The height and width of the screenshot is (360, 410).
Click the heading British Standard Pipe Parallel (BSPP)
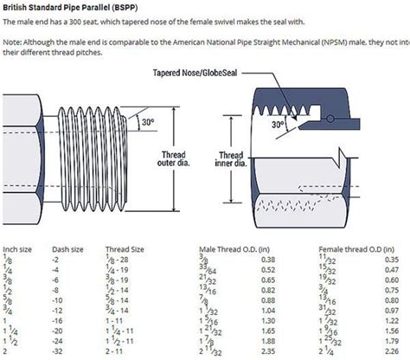(x=63, y=5)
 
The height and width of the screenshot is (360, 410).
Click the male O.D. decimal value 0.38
(x=266, y=259)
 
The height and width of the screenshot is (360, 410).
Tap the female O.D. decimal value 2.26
(x=391, y=352)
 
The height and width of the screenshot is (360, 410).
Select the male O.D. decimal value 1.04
(x=266, y=311)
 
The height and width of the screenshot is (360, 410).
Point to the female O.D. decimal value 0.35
(x=391, y=259)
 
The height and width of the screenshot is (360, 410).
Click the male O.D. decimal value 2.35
(x=266, y=352)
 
